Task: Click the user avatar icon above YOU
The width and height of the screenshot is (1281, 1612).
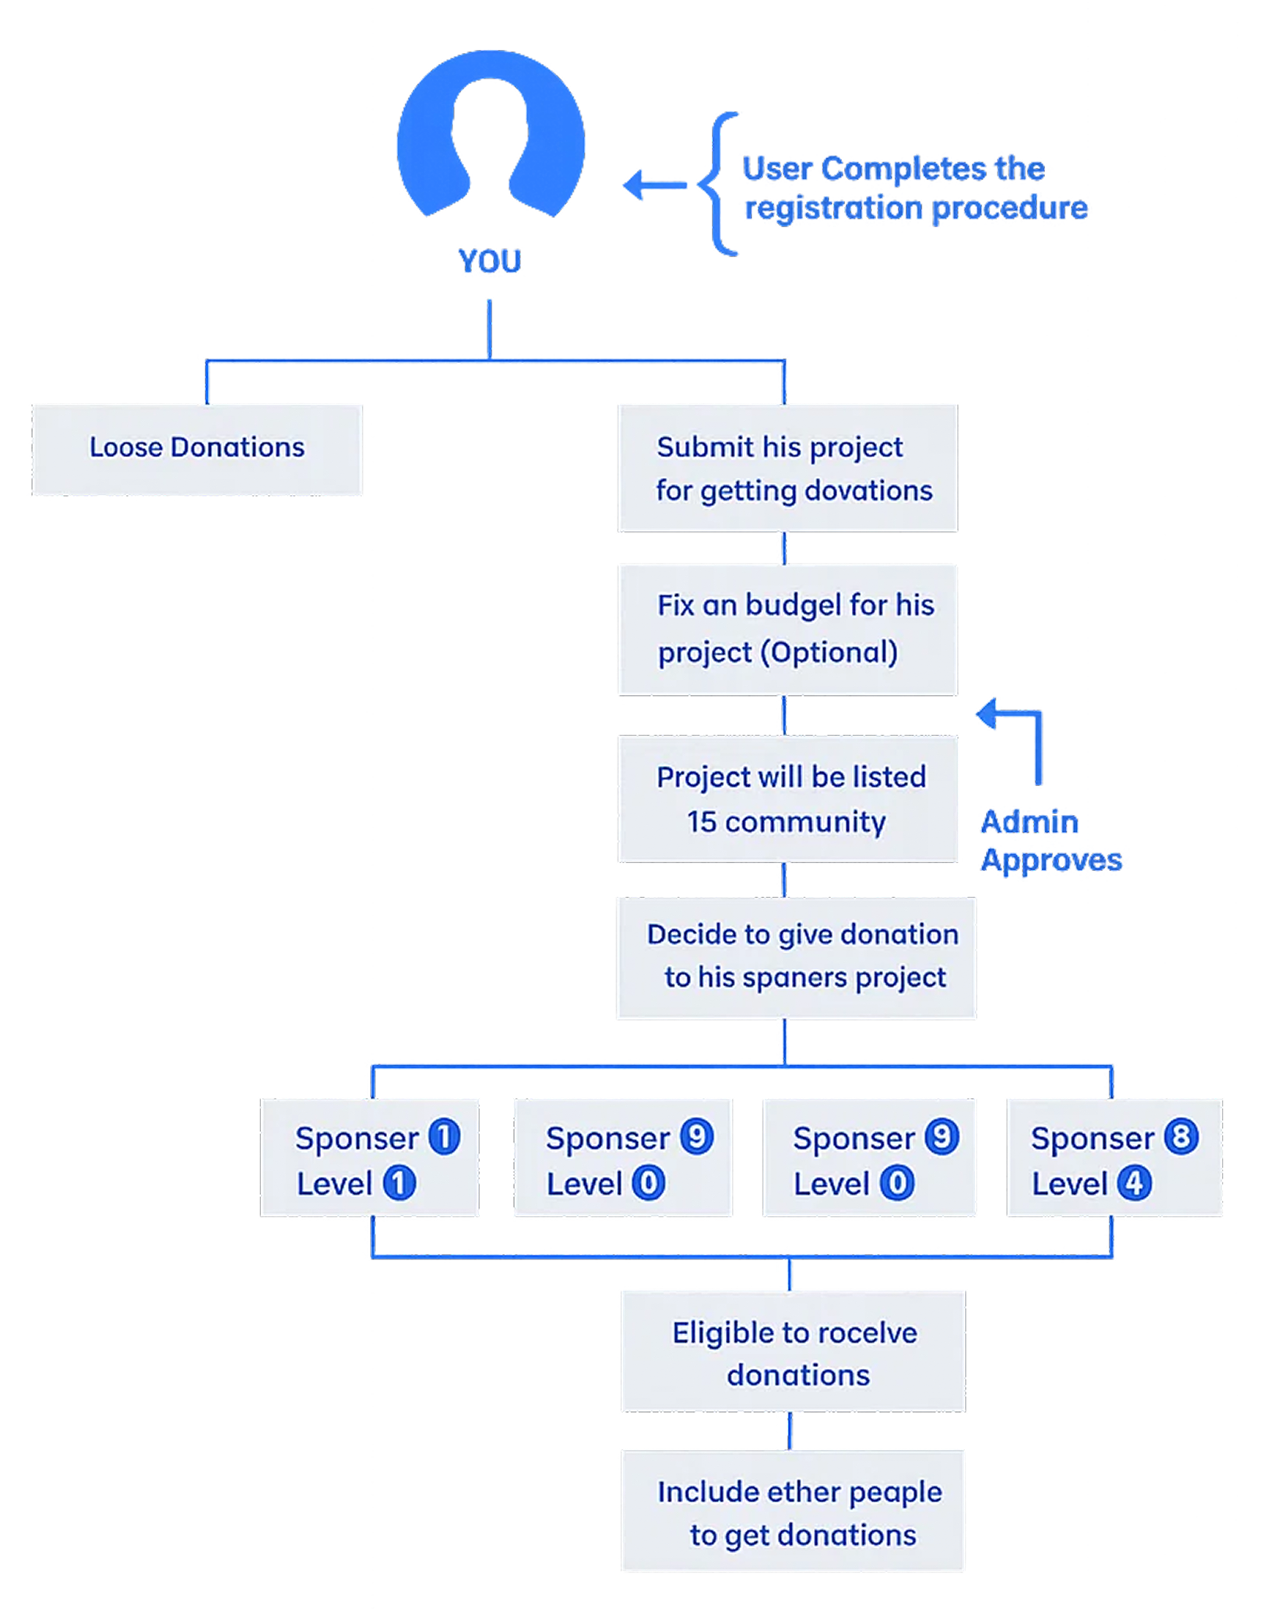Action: click(490, 136)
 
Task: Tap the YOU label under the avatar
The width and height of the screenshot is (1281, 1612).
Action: click(490, 260)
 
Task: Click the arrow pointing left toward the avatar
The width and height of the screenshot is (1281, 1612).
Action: click(653, 185)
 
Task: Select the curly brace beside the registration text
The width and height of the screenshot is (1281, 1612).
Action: click(718, 184)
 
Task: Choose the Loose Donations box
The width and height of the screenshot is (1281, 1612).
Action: click(196, 449)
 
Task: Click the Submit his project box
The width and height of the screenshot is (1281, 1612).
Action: click(787, 467)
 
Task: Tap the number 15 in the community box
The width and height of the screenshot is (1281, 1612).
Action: click(701, 822)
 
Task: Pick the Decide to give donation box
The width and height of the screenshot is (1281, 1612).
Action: click(796, 957)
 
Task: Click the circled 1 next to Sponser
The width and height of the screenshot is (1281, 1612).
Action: click(445, 1137)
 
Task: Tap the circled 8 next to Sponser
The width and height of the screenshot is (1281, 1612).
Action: click(1181, 1137)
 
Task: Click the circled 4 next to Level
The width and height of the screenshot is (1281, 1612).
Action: click(1134, 1184)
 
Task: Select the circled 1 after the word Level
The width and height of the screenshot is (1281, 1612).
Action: click(399, 1184)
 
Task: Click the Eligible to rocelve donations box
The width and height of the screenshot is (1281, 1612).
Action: click(793, 1351)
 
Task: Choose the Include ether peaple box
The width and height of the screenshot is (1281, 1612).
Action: click(793, 1511)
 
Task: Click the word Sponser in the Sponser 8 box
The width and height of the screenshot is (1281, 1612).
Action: click(1092, 1139)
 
